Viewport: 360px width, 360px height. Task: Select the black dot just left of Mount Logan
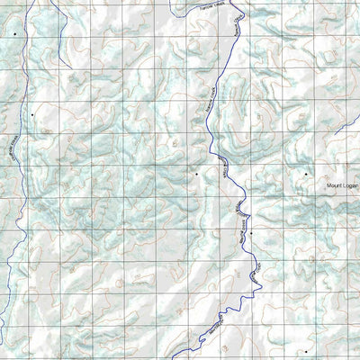click(305, 173)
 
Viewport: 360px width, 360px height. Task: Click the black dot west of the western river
click(14, 33)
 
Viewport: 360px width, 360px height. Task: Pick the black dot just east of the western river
click(31, 114)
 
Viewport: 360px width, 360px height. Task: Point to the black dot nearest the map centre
click(196, 172)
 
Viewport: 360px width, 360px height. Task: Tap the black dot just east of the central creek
click(252, 233)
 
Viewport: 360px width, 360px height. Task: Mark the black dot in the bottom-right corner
click(305, 352)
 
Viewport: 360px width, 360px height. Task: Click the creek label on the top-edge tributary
click(209, 8)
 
